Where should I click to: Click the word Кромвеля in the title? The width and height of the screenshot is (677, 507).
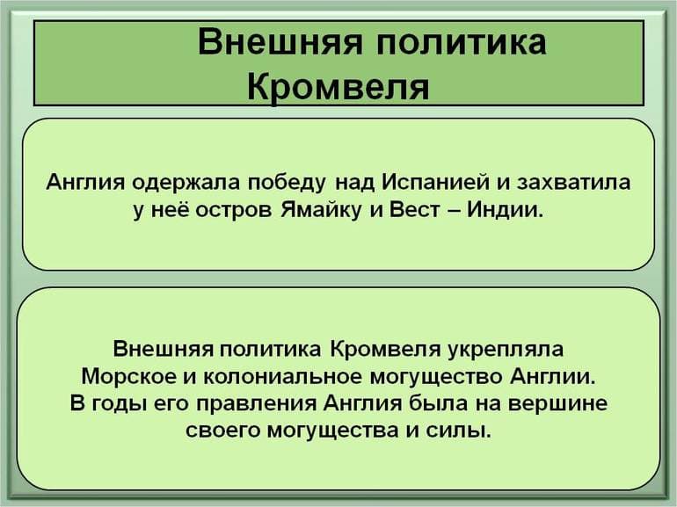[338, 86]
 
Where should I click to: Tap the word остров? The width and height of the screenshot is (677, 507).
[243, 211]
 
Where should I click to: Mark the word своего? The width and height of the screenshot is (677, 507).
[225, 431]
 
